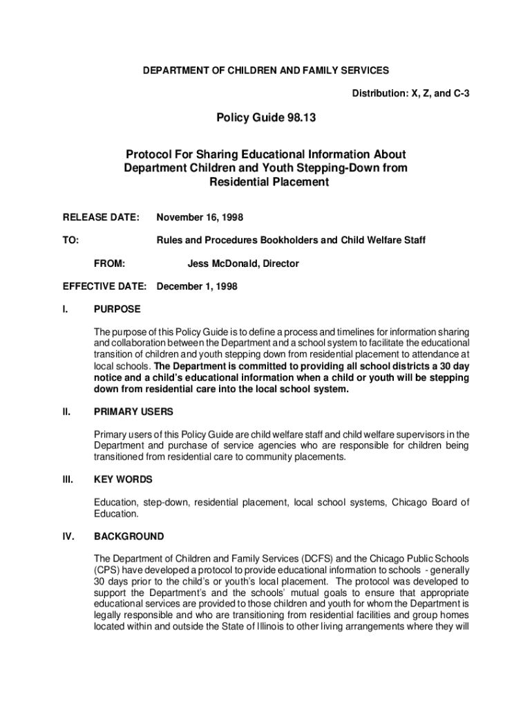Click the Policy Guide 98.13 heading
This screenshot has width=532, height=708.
[x=266, y=119]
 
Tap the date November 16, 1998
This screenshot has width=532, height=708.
[x=199, y=217]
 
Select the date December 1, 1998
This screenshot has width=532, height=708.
[x=197, y=286]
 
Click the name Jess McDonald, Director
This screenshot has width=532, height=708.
[x=243, y=263]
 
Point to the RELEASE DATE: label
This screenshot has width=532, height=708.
[x=101, y=217]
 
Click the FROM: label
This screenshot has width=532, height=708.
[x=109, y=263]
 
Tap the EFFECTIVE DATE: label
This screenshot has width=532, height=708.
[x=104, y=286]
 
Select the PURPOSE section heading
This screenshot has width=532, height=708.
[x=117, y=309]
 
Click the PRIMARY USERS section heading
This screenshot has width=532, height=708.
[x=133, y=412]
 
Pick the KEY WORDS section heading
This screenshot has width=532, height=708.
[x=123, y=479]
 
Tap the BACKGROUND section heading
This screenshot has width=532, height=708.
[x=129, y=537]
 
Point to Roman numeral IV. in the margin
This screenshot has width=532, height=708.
[x=68, y=537]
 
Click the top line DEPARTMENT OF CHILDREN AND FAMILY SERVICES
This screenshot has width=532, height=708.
[x=265, y=71]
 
